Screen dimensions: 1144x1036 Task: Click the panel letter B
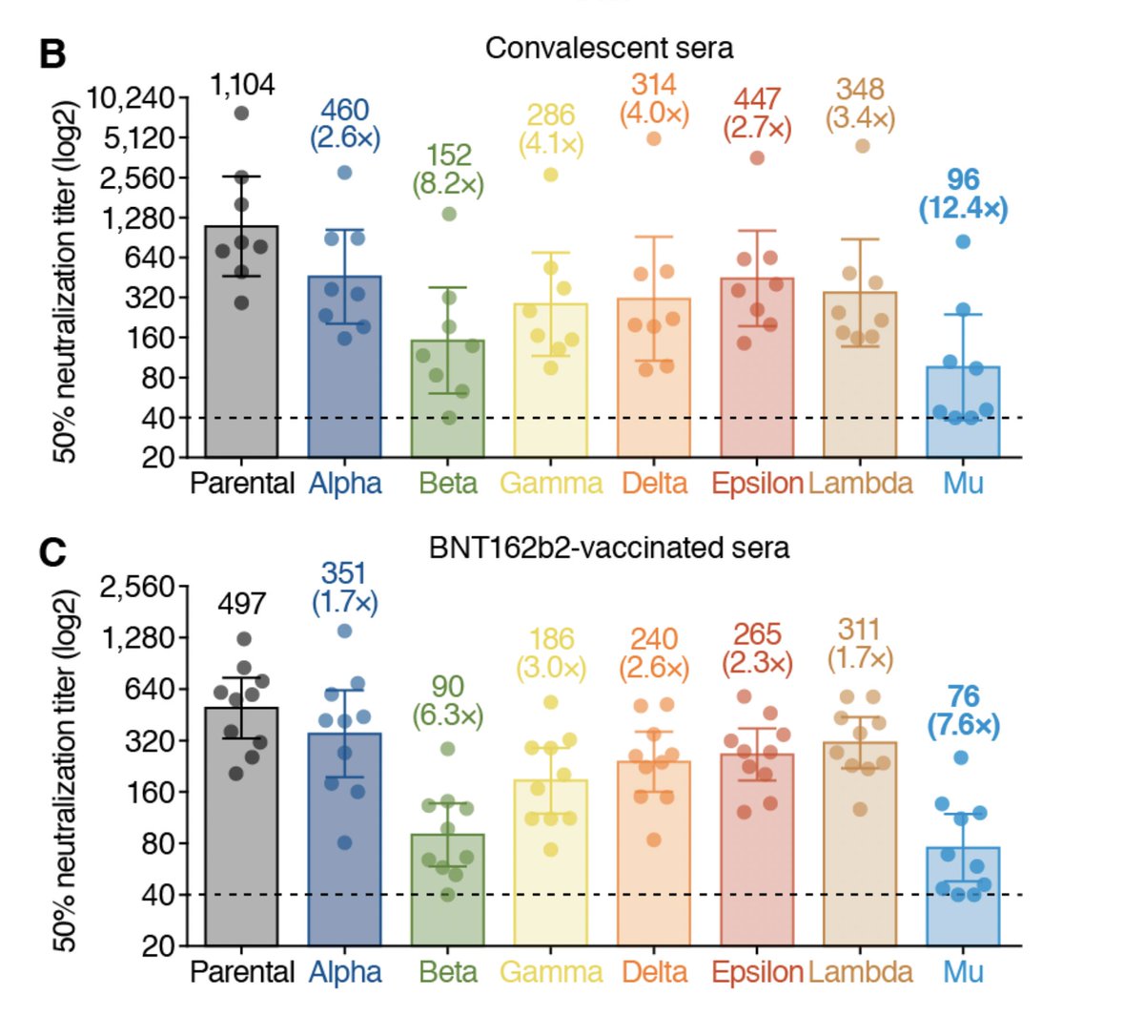pos(53,54)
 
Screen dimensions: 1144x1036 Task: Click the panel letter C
pos(53,552)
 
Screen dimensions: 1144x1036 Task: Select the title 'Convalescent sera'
pos(608,48)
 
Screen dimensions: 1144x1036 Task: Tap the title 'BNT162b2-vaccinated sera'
pos(608,548)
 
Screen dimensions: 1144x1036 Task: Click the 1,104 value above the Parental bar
pos(242,85)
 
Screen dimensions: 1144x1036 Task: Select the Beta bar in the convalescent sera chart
pos(448,399)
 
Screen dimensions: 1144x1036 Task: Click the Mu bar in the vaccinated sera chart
pos(963,896)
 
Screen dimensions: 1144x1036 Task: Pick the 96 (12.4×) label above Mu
pos(963,194)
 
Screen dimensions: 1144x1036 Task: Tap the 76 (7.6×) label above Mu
pos(963,712)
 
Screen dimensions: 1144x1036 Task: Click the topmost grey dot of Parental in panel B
pos(242,113)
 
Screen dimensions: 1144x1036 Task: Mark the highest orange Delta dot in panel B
pos(654,138)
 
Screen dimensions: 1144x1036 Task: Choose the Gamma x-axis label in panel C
pos(551,972)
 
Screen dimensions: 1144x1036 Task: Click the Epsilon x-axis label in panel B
pos(757,484)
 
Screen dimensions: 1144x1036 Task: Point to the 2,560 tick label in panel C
pos(137,588)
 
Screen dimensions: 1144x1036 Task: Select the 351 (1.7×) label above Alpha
pos(344,588)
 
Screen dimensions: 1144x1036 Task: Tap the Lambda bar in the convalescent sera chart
pos(859,375)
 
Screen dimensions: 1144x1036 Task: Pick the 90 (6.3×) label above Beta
pos(448,700)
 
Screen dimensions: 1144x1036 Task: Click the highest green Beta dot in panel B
pos(449,215)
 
